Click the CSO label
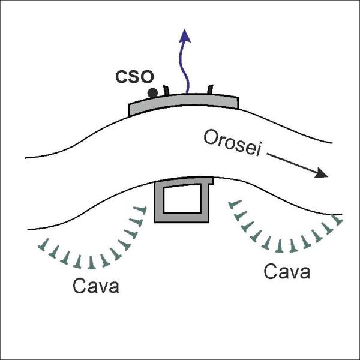point(134,76)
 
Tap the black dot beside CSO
point(152,93)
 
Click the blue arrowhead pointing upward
point(185,36)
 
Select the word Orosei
point(232,143)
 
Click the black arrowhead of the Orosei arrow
point(321,173)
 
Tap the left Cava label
point(96,286)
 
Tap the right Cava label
point(287,271)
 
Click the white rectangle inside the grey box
point(182,199)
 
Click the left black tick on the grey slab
point(166,90)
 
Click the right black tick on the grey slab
point(210,89)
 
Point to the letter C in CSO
point(121,77)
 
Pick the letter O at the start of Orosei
point(210,137)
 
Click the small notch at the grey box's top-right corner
point(211,181)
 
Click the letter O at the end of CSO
point(147,77)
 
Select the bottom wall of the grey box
point(182,218)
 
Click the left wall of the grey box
point(159,202)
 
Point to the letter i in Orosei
point(259,150)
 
